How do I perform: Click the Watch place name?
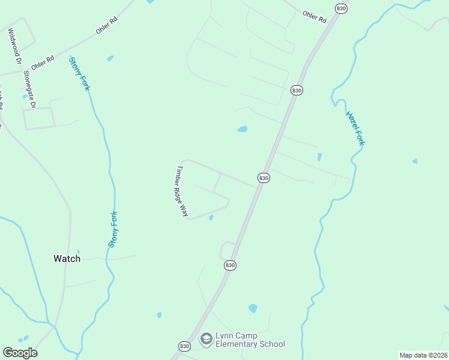point(67,259)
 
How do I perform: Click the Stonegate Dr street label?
point(29,89)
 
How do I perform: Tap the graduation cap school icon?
point(206,340)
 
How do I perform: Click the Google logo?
point(20,353)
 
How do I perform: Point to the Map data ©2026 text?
point(423,355)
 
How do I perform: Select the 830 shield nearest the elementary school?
point(184,346)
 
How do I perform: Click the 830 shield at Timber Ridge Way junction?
point(264,178)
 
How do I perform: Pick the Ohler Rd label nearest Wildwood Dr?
point(43,62)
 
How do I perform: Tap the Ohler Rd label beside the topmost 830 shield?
point(314,17)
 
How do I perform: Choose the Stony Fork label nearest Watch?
point(113,229)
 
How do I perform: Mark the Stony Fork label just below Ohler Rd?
point(80,73)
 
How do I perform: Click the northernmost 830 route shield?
point(341,8)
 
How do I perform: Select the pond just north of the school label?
point(253,308)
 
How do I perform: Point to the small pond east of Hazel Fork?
point(415,161)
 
